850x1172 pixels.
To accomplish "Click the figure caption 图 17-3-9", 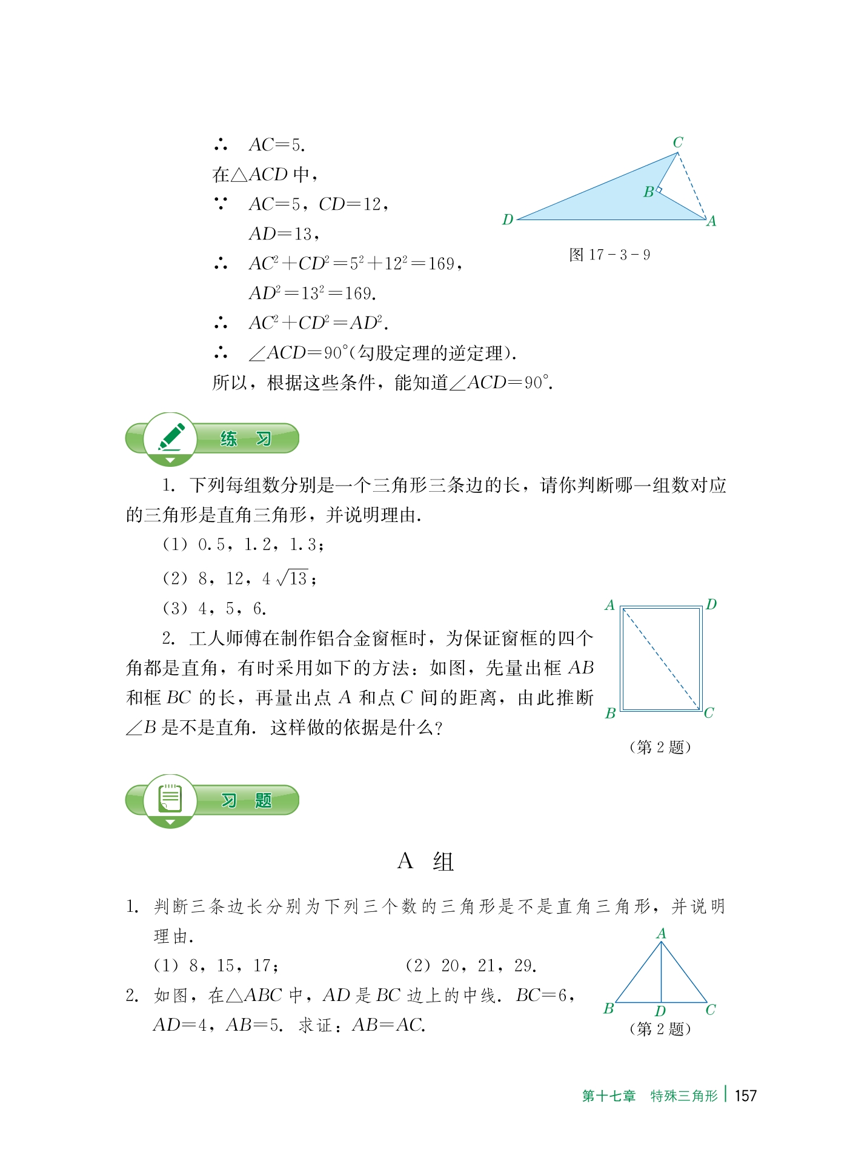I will pyautogui.click(x=609, y=255).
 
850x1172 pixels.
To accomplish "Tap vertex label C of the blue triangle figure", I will pyautogui.click(x=678, y=142).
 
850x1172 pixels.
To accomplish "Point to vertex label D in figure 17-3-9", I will pyautogui.click(x=508, y=219).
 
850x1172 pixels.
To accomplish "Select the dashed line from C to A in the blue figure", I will pyautogui.click(x=692, y=186).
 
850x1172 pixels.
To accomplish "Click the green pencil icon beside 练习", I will pyautogui.click(x=171, y=437).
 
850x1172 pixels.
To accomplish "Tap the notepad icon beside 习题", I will pyautogui.click(x=170, y=799).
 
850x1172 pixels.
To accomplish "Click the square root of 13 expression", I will pyautogui.click(x=292, y=578).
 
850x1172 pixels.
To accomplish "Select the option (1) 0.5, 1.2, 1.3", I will pyautogui.click(x=243, y=544).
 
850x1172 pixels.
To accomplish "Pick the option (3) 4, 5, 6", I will pyautogui.click(x=214, y=608).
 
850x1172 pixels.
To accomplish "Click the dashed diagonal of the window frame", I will pyautogui.click(x=661, y=658).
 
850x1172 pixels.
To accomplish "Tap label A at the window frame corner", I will pyautogui.click(x=610, y=605).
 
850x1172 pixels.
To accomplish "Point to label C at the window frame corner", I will pyautogui.click(x=709, y=713).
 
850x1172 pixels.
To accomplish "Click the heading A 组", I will pyautogui.click(x=425, y=862).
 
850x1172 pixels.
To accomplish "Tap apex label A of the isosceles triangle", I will pyautogui.click(x=662, y=934).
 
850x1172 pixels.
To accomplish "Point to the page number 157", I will pyautogui.click(x=745, y=1096).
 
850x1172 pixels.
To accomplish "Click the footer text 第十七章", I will pyautogui.click(x=609, y=1096).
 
